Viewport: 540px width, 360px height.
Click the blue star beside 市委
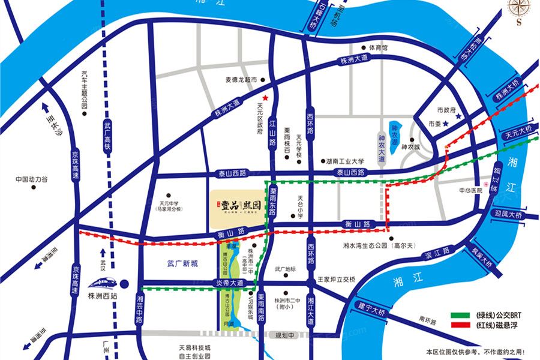click(446, 124)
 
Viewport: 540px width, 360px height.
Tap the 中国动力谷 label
click(32, 179)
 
